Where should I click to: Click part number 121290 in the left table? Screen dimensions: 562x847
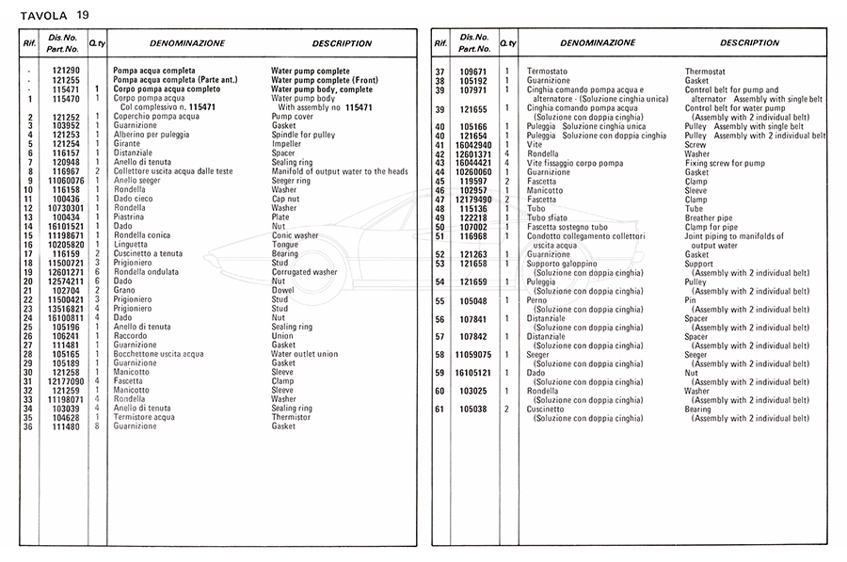coord(66,71)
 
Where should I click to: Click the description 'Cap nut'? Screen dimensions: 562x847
coord(286,199)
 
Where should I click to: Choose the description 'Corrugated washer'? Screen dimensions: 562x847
coord(304,272)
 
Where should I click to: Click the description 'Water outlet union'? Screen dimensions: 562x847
coord(304,354)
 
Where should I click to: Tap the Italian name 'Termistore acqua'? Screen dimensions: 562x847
coord(144,417)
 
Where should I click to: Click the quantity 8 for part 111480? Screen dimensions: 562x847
coord(98,426)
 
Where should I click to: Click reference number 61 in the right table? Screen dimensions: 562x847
coord(439,409)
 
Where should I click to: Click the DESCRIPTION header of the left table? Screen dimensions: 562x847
coord(342,43)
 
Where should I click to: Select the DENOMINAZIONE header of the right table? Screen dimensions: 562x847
coord(598,43)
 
